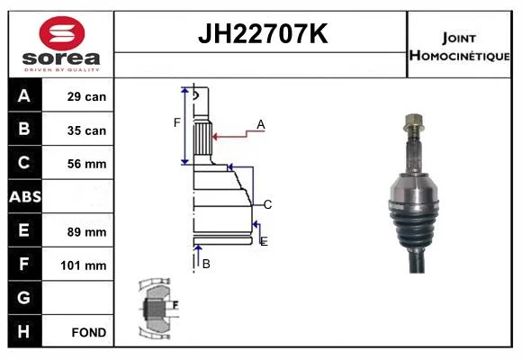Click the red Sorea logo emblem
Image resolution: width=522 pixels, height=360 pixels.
point(62,33)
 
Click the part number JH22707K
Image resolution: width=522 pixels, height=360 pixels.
point(263,33)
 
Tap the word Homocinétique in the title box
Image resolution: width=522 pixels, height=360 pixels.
point(459,56)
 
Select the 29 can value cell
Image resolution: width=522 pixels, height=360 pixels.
point(78,96)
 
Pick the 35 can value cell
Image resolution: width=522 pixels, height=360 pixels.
point(78,130)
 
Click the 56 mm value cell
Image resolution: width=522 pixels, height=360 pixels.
point(78,163)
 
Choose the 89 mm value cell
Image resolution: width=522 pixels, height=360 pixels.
point(78,230)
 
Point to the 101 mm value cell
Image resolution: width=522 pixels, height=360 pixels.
point(78,265)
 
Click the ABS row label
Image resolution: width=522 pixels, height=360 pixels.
point(25,197)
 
